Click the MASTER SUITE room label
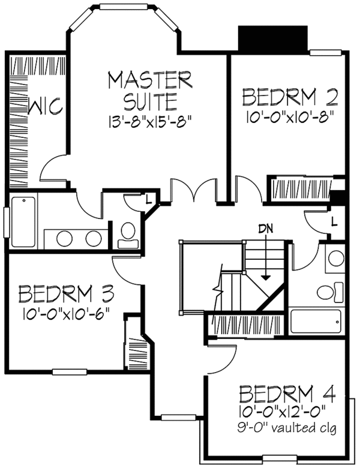[149, 88]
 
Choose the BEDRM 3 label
[66, 294]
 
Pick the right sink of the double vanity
[94, 238]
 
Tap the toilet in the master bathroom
[128, 235]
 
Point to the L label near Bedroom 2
[334, 222]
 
